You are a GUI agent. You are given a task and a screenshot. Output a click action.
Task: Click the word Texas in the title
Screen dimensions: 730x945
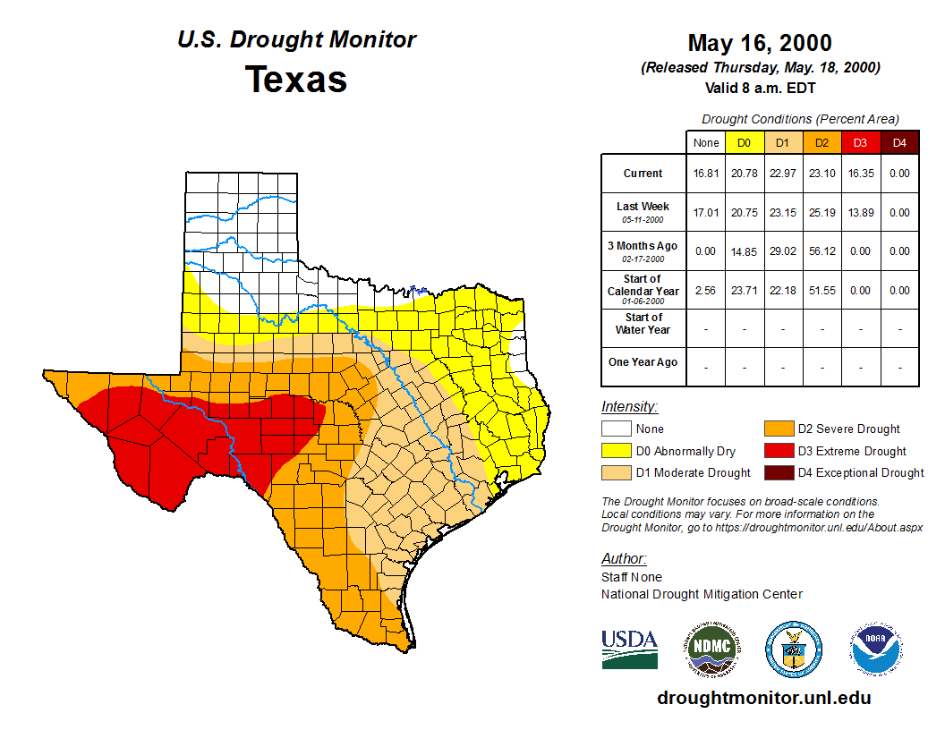click(296, 80)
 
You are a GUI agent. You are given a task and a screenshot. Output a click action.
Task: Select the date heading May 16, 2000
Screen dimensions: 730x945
click(760, 43)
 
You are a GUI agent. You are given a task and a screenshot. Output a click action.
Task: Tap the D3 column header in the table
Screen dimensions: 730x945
click(860, 142)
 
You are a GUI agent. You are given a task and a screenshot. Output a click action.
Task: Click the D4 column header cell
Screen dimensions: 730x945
click(899, 142)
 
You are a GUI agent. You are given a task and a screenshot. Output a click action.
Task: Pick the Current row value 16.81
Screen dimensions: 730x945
click(705, 174)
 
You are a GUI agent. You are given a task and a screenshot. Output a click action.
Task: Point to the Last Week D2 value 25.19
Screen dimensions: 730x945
click(822, 213)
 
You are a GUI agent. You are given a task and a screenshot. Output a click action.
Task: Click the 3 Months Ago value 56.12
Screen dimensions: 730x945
click(822, 251)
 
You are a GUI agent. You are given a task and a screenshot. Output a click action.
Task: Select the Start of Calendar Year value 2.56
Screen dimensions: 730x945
click(705, 291)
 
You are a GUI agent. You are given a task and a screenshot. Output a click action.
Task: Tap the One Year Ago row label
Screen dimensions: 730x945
click(643, 362)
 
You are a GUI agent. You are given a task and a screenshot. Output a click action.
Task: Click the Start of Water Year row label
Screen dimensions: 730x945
click(643, 324)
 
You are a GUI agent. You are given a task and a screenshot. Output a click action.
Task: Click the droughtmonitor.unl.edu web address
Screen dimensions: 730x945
click(763, 698)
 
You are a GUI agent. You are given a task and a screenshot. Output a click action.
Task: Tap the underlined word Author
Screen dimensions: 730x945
click(623, 559)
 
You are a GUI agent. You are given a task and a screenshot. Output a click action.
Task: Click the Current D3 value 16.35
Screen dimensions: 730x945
click(860, 174)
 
